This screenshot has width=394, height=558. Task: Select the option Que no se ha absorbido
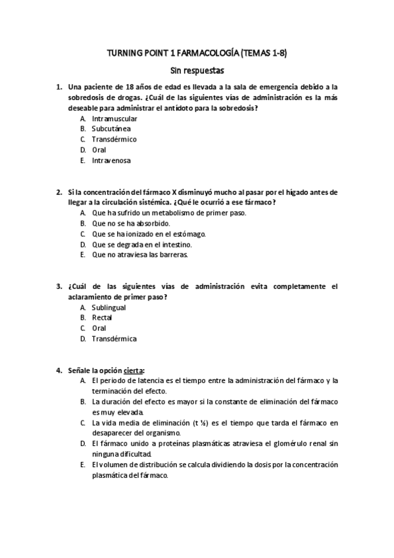coord(126,224)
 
